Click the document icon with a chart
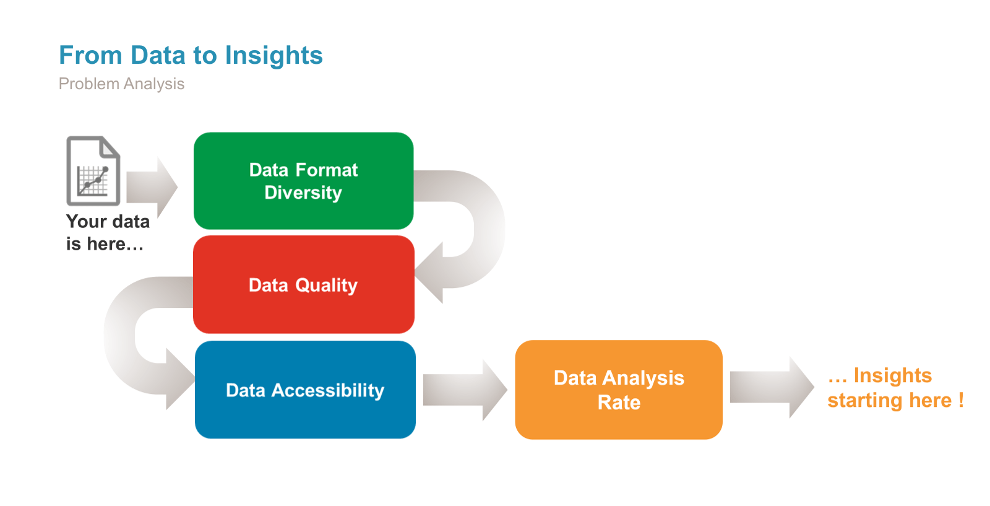point(93,171)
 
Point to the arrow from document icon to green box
point(152,187)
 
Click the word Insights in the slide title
point(273,56)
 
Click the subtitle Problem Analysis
point(121,84)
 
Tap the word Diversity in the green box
point(303,193)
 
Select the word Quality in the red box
point(326,286)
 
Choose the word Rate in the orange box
point(619,403)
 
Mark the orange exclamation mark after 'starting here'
point(961,400)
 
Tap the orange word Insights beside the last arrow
point(892,375)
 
